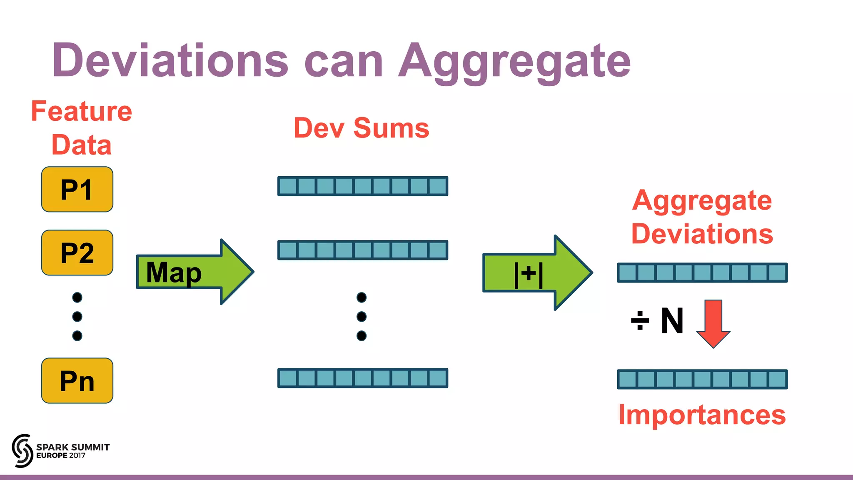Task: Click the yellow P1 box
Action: pyautogui.click(x=77, y=190)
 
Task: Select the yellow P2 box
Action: pyautogui.click(x=77, y=253)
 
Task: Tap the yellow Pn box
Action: pyautogui.click(x=77, y=380)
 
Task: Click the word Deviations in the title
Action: pyautogui.click(x=170, y=61)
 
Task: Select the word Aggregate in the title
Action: pyautogui.click(x=514, y=62)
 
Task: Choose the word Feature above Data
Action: pyautogui.click(x=82, y=111)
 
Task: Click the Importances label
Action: pyautogui.click(x=702, y=415)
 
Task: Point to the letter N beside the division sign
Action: pyautogui.click(x=672, y=321)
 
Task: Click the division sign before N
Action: pyautogui.click(x=640, y=321)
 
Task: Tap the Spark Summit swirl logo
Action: pyautogui.click(x=22, y=450)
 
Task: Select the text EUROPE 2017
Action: pyautogui.click(x=61, y=455)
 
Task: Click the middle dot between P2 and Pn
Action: pyautogui.click(x=77, y=316)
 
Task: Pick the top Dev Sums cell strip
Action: pyautogui.click(x=362, y=186)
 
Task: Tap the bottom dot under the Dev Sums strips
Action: pyautogui.click(x=362, y=335)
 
